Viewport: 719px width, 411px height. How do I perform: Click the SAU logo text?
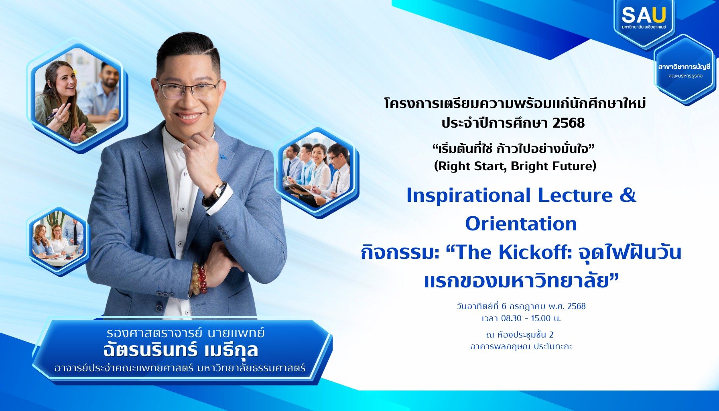pos(643,16)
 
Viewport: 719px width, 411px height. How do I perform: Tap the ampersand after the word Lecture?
pos(628,195)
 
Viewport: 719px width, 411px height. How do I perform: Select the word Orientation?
pos(521,224)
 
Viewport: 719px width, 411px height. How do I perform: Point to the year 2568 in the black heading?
pos(569,123)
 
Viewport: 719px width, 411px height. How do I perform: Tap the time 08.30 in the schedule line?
pos(511,318)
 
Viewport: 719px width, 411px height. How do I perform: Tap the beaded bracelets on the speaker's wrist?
pos(199,278)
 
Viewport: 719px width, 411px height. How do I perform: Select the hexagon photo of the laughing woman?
pos(77,96)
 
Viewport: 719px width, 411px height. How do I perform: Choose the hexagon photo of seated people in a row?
pos(317,173)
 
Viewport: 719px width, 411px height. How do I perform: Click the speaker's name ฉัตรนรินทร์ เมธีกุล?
pos(180,350)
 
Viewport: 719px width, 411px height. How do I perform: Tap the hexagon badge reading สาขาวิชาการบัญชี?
pos(684,70)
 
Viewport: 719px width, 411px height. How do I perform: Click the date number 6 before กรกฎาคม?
pos(504,307)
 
